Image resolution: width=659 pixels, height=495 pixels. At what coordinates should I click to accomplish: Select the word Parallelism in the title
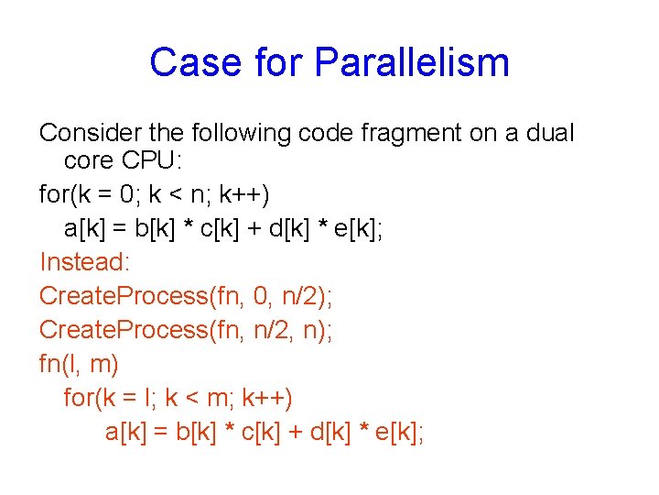[412, 63]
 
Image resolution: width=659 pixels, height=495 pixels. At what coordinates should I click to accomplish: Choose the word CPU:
[151, 161]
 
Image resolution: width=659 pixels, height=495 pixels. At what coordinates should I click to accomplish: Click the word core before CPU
[89, 161]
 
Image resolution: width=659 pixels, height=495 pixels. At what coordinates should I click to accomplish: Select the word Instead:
[85, 263]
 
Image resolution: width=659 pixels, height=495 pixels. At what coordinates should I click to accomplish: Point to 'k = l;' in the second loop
[133, 399]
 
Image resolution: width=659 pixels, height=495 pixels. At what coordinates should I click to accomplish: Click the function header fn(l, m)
[79, 364]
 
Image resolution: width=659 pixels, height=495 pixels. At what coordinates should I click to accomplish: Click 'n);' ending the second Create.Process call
[315, 330]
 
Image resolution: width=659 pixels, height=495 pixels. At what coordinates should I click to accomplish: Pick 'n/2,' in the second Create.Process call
[266, 330]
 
